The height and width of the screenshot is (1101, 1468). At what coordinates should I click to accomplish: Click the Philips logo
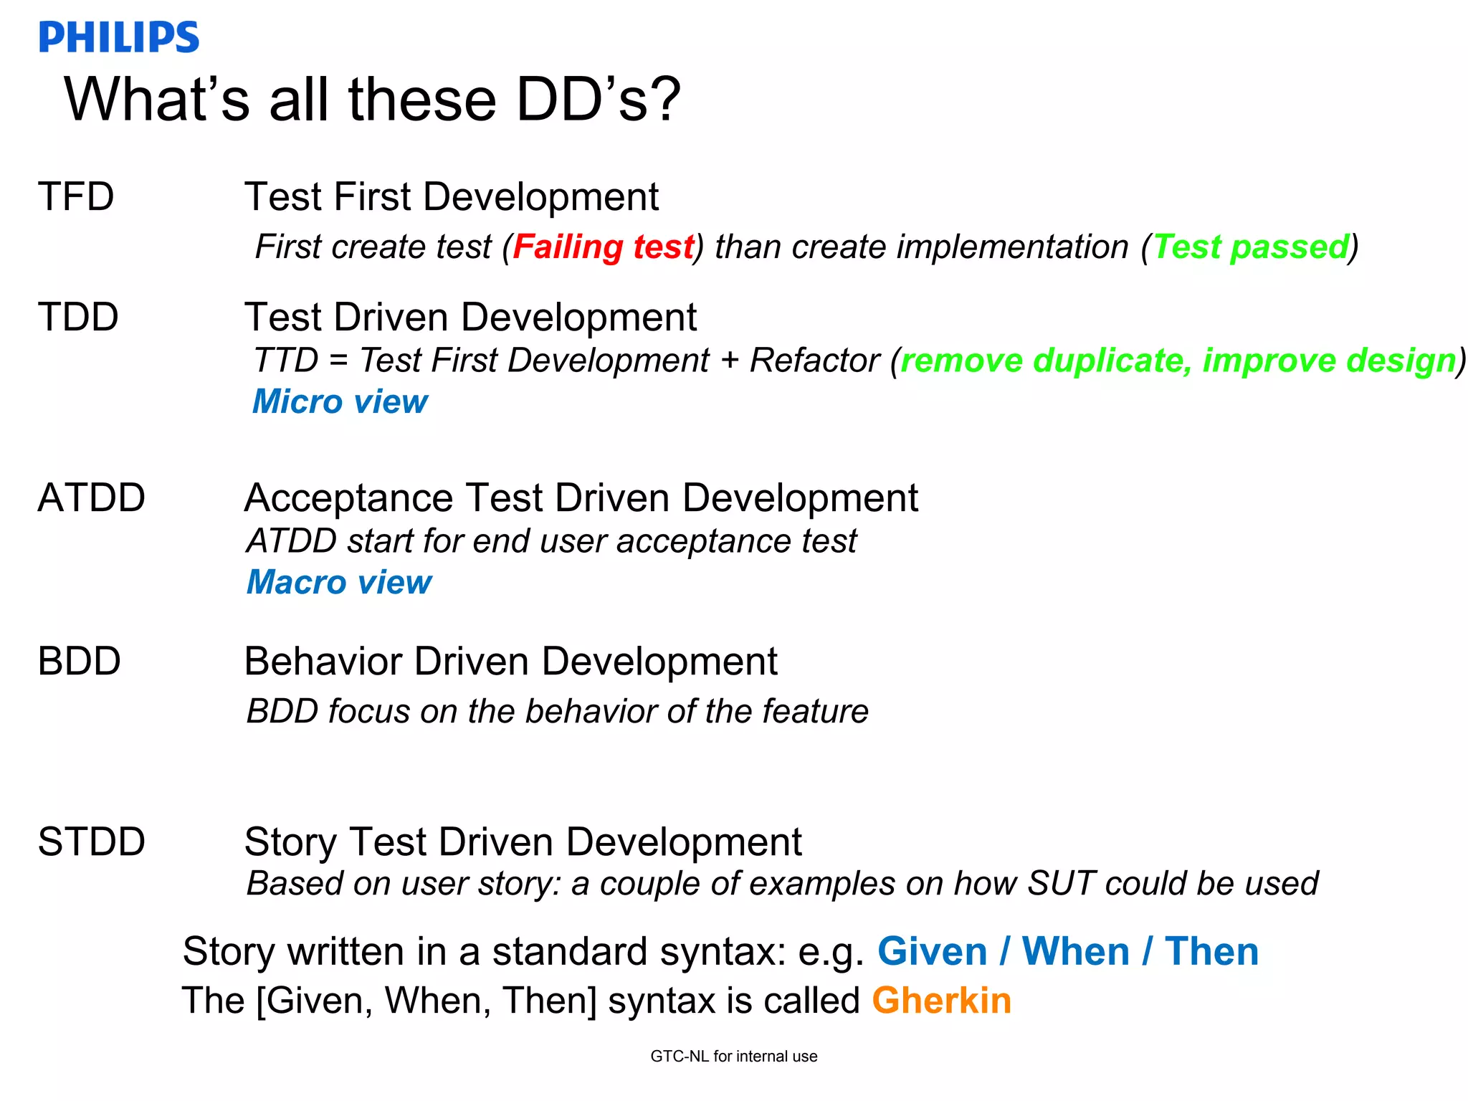[119, 37]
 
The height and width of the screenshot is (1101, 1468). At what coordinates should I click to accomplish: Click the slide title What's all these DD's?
[372, 100]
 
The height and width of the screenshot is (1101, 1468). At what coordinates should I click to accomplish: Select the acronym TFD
[76, 197]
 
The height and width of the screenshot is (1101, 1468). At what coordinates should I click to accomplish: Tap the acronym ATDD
[91, 498]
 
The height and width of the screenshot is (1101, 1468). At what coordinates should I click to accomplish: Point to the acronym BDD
[79, 662]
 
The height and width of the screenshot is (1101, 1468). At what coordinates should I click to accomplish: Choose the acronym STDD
[91, 842]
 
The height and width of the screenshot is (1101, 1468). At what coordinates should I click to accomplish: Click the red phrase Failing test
[604, 247]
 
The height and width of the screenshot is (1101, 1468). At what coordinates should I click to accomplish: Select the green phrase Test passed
[1251, 247]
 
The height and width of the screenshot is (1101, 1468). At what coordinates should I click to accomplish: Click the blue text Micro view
[340, 402]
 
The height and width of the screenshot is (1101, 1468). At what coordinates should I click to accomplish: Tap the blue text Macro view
[339, 583]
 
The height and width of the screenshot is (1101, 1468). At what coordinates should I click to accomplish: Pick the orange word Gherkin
[941, 1001]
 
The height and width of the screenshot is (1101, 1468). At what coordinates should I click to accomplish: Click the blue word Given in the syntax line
[932, 952]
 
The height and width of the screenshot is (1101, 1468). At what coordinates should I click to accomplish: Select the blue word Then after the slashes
[1211, 952]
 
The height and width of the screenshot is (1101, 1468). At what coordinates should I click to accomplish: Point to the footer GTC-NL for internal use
[733, 1057]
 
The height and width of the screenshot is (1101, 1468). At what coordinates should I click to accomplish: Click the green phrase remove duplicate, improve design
[1178, 361]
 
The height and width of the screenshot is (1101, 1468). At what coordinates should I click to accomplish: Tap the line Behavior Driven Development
[510, 662]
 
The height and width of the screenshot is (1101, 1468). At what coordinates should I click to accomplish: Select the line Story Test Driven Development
[523, 842]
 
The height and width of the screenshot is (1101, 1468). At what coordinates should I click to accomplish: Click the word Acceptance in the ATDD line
[348, 498]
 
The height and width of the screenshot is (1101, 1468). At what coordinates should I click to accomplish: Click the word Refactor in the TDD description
[814, 361]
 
